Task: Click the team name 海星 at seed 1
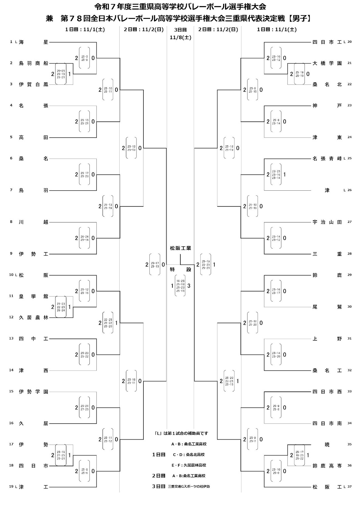pyautogui.click(x=33, y=42)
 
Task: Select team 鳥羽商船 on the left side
pyautogui.click(x=33, y=63)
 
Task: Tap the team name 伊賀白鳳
pyautogui.click(x=33, y=84)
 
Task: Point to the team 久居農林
pyautogui.click(x=33, y=317)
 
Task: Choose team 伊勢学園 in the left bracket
pyautogui.click(x=33, y=392)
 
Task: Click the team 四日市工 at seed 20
pyautogui.click(x=327, y=42)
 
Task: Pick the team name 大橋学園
pyautogui.click(x=327, y=63)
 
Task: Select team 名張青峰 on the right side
pyautogui.click(x=327, y=159)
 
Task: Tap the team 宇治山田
pyautogui.click(x=327, y=222)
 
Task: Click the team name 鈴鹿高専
pyautogui.click(x=327, y=466)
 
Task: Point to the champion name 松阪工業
pyautogui.click(x=180, y=248)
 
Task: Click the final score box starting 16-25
pyautogui.click(x=180, y=286)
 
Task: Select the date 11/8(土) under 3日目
pyautogui.click(x=180, y=37)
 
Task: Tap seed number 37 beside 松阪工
pyautogui.click(x=349, y=487)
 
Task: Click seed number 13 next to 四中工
pyautogui.click(x=11, y=338)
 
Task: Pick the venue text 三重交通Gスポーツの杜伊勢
pyautogui.click(x=189, y=487)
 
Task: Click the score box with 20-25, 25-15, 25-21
pyautogui.click(x=61, y=74)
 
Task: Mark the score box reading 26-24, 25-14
pyautogui.click(x=84, y=238)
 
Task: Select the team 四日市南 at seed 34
pyautogui.click(x=327, y=424)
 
